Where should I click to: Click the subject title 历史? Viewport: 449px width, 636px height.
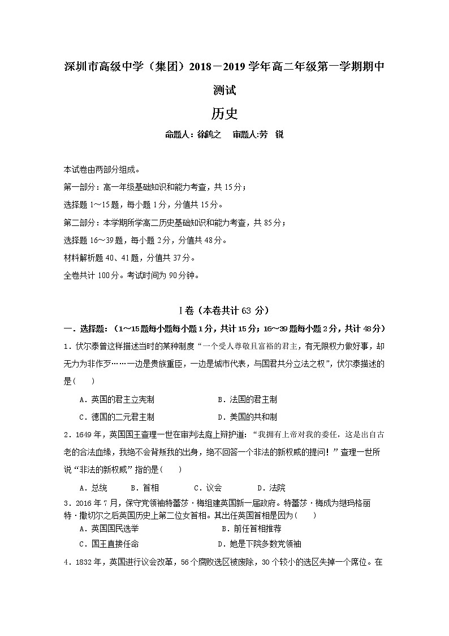click(225, 113)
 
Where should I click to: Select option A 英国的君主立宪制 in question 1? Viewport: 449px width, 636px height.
click(116, 400)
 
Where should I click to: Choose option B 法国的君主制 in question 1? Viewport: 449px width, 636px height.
click(247, 400)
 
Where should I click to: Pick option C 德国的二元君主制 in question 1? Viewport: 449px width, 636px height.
click(116, 417)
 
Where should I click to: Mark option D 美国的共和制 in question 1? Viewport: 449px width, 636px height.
click(247, 417)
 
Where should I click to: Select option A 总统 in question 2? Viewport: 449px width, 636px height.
click(93, 488)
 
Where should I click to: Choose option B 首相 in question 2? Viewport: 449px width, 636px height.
click(145, 488)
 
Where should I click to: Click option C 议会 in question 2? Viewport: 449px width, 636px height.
click(208, 488)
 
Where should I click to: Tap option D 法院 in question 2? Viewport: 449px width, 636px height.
click(271, 488)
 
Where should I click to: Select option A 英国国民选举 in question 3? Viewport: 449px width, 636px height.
click(109, 528)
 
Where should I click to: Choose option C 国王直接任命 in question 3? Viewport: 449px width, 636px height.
click(109, 544)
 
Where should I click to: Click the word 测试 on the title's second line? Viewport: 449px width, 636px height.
click(225, 89)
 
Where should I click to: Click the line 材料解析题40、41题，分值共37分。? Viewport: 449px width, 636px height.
click(129, 258)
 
